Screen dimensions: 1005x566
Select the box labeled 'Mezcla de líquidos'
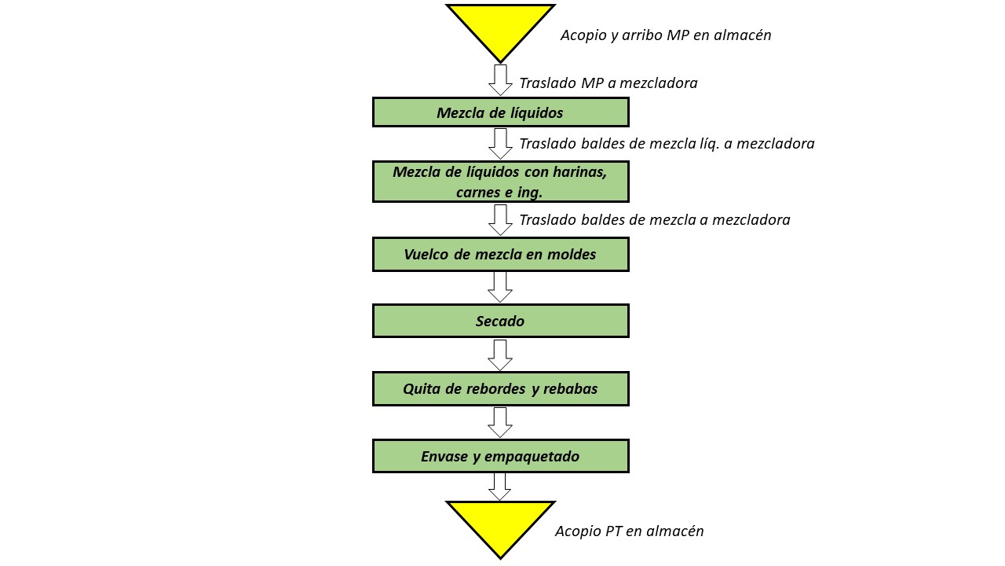(501, 112)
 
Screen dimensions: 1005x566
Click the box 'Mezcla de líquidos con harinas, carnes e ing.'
(501, 182)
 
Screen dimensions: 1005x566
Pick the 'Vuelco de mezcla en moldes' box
(501, 254)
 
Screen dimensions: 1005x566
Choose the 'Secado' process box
(501, 321)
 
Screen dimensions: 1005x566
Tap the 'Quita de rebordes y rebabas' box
(501, 388)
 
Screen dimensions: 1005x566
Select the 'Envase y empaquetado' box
(501, 456)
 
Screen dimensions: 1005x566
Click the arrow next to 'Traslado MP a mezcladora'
(500, 80)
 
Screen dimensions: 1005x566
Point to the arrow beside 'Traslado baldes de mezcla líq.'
(500, 144)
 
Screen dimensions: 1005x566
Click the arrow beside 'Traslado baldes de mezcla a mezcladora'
(500, 220)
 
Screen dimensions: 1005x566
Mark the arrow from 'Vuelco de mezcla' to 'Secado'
(500, 288)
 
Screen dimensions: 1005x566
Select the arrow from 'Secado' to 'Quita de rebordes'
(500, 355)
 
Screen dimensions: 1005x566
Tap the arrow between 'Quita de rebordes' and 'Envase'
(500, 422)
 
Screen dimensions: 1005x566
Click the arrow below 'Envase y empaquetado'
(500, 487)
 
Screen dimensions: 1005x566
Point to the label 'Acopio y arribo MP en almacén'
(666, 35)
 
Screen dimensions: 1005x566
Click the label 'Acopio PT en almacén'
(630, 531)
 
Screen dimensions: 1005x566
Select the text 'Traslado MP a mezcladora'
(608, 83)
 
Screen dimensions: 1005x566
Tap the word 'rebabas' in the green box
(570, 389)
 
